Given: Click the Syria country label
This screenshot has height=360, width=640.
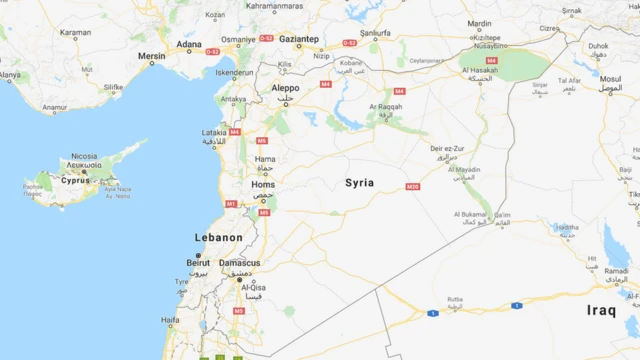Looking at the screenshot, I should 359,183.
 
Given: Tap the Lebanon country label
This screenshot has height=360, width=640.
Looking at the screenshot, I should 218,238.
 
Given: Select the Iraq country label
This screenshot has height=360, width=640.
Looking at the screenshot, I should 601,310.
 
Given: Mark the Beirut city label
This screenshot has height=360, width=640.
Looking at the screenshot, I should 198,263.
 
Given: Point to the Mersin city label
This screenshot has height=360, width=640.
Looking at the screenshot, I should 151,56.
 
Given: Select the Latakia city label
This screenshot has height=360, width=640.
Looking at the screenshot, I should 214,132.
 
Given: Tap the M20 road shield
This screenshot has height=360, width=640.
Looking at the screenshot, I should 412,187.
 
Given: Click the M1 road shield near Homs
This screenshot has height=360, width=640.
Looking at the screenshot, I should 230,204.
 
